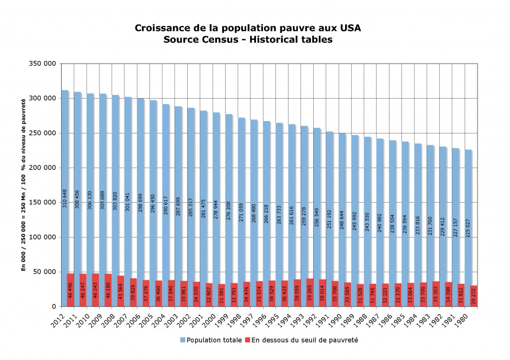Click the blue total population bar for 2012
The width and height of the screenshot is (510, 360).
tap(65, 149)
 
